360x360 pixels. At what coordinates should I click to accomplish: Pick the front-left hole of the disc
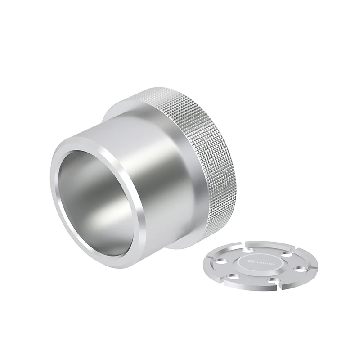(x=233, y=276)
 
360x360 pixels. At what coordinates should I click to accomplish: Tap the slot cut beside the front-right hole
(x=279, y=285)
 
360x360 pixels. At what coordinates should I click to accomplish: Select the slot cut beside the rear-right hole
(x=294, y=250)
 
